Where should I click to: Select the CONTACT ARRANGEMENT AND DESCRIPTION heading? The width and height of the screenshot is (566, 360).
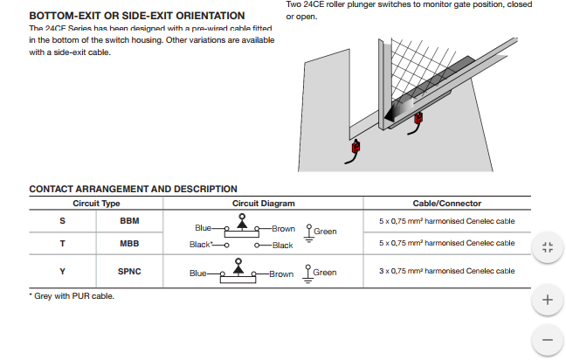coord(133,189)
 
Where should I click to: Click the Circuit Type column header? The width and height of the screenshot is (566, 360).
coord(96,204)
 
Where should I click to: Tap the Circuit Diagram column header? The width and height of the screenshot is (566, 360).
coord(263,204)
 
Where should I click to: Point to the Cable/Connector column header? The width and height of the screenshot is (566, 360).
coord(446,204)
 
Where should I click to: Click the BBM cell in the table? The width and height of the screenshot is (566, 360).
coord(129,220)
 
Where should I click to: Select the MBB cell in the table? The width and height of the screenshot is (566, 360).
coord(129,243)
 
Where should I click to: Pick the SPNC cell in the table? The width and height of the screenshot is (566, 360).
coord(129,272)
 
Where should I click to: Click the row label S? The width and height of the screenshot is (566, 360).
coord(62,220)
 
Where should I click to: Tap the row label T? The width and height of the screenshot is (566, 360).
coord(62,243)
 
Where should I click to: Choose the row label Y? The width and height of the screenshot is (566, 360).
coord(62,272)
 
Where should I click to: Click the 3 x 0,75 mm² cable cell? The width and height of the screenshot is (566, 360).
coord(446,272)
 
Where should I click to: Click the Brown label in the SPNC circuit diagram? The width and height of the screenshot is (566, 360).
coord(281,273)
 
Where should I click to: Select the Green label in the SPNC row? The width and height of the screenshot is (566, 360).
coord(325,273)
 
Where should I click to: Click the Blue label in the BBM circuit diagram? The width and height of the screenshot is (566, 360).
coord(204,228)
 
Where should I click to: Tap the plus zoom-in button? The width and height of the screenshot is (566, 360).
coord(548,300)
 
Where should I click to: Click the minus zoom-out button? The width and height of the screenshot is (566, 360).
coord(548,339)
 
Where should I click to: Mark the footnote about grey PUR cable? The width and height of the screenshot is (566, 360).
coord(72,295)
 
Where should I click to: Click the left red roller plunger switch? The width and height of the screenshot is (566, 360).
coord(355,148)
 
